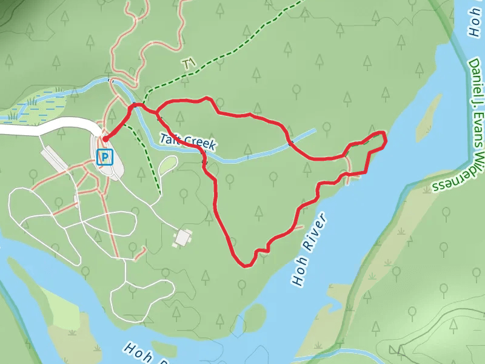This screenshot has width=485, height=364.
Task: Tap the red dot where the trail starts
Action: coord(105,139)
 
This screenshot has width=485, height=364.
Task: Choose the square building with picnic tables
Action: coord(182,237)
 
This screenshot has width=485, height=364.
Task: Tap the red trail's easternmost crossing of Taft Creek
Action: coord(291,144)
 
